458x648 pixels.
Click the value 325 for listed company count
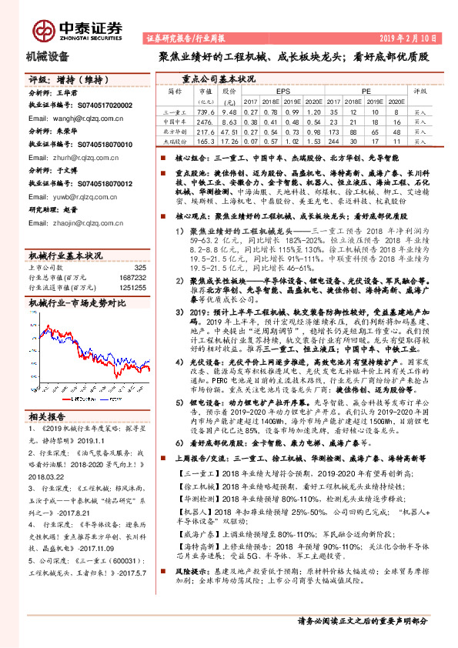pyautogui.click(x=139, y=267)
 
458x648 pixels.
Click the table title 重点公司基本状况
pyautogui.click(x=219, y=78)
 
